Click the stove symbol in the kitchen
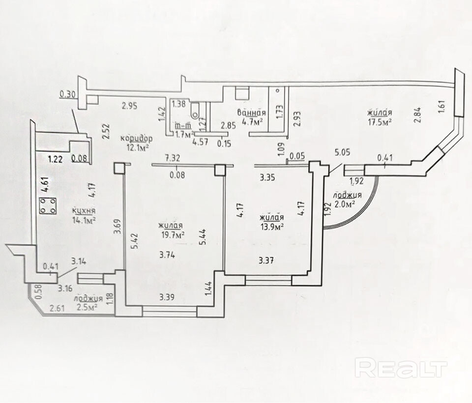[x=48, y=206]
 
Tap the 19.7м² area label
[x=172, y=235]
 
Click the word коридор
[x=133, y=139]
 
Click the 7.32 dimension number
[x=172, y=158]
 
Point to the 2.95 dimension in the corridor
[x=129, y=104]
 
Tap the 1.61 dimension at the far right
[x=440, y=108]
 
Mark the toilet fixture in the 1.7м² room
[x=197, y=112]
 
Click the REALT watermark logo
[x=401, y=367]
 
